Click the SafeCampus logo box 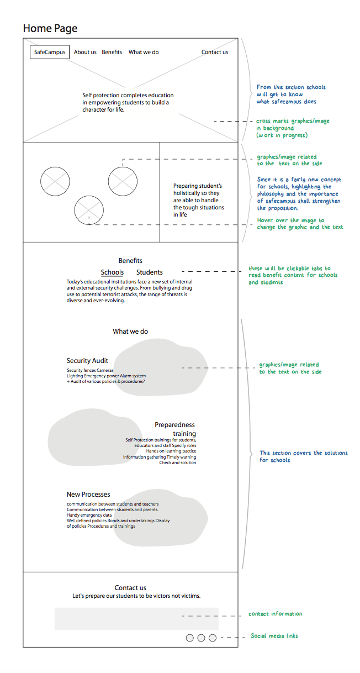coord(50,52)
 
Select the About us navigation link coord(85,52)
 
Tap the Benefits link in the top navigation coord(112,52)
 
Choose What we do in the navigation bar coord(144,52)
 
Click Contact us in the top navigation coord(215,52)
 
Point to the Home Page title coord(50,28)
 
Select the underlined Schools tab coord(112,272)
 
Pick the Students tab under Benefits coord(149,272)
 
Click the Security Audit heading coord(87,360)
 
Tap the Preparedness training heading coord(175,429)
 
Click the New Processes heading coord(88,494)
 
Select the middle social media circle coord(201,638)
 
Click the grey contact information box coord(136,619)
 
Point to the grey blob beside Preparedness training coord(90,437)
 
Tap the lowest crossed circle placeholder coord(89,211)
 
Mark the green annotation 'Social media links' coord(274,636)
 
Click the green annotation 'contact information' coord(276,614)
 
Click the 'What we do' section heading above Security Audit coord(130,332)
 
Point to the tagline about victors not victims coord(136,596)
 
